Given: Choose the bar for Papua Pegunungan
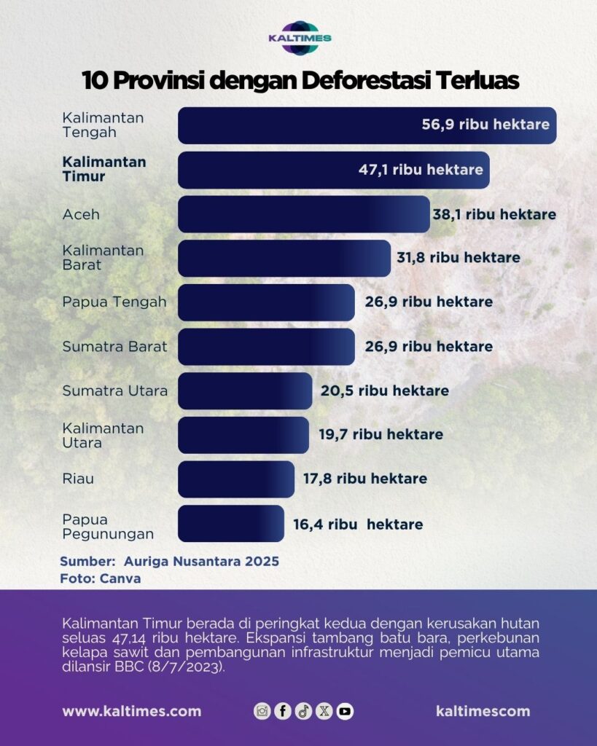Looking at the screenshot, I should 230,524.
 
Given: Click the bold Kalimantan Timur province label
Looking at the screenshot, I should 104,169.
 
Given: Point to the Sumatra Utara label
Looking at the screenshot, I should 114,390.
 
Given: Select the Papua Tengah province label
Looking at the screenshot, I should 114,302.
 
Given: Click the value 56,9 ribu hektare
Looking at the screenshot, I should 485,125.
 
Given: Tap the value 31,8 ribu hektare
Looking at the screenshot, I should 456,257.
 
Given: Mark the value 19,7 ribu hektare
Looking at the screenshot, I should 381,435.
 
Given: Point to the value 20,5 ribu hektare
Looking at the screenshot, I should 384,390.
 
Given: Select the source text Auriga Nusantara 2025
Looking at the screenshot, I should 201,562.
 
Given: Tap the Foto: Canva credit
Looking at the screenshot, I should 100,579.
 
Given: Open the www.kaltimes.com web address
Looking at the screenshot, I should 131,711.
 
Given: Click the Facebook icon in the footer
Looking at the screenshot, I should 283,711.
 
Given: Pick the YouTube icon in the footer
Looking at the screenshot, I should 345,711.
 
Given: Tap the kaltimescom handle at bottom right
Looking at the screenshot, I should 483,711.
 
